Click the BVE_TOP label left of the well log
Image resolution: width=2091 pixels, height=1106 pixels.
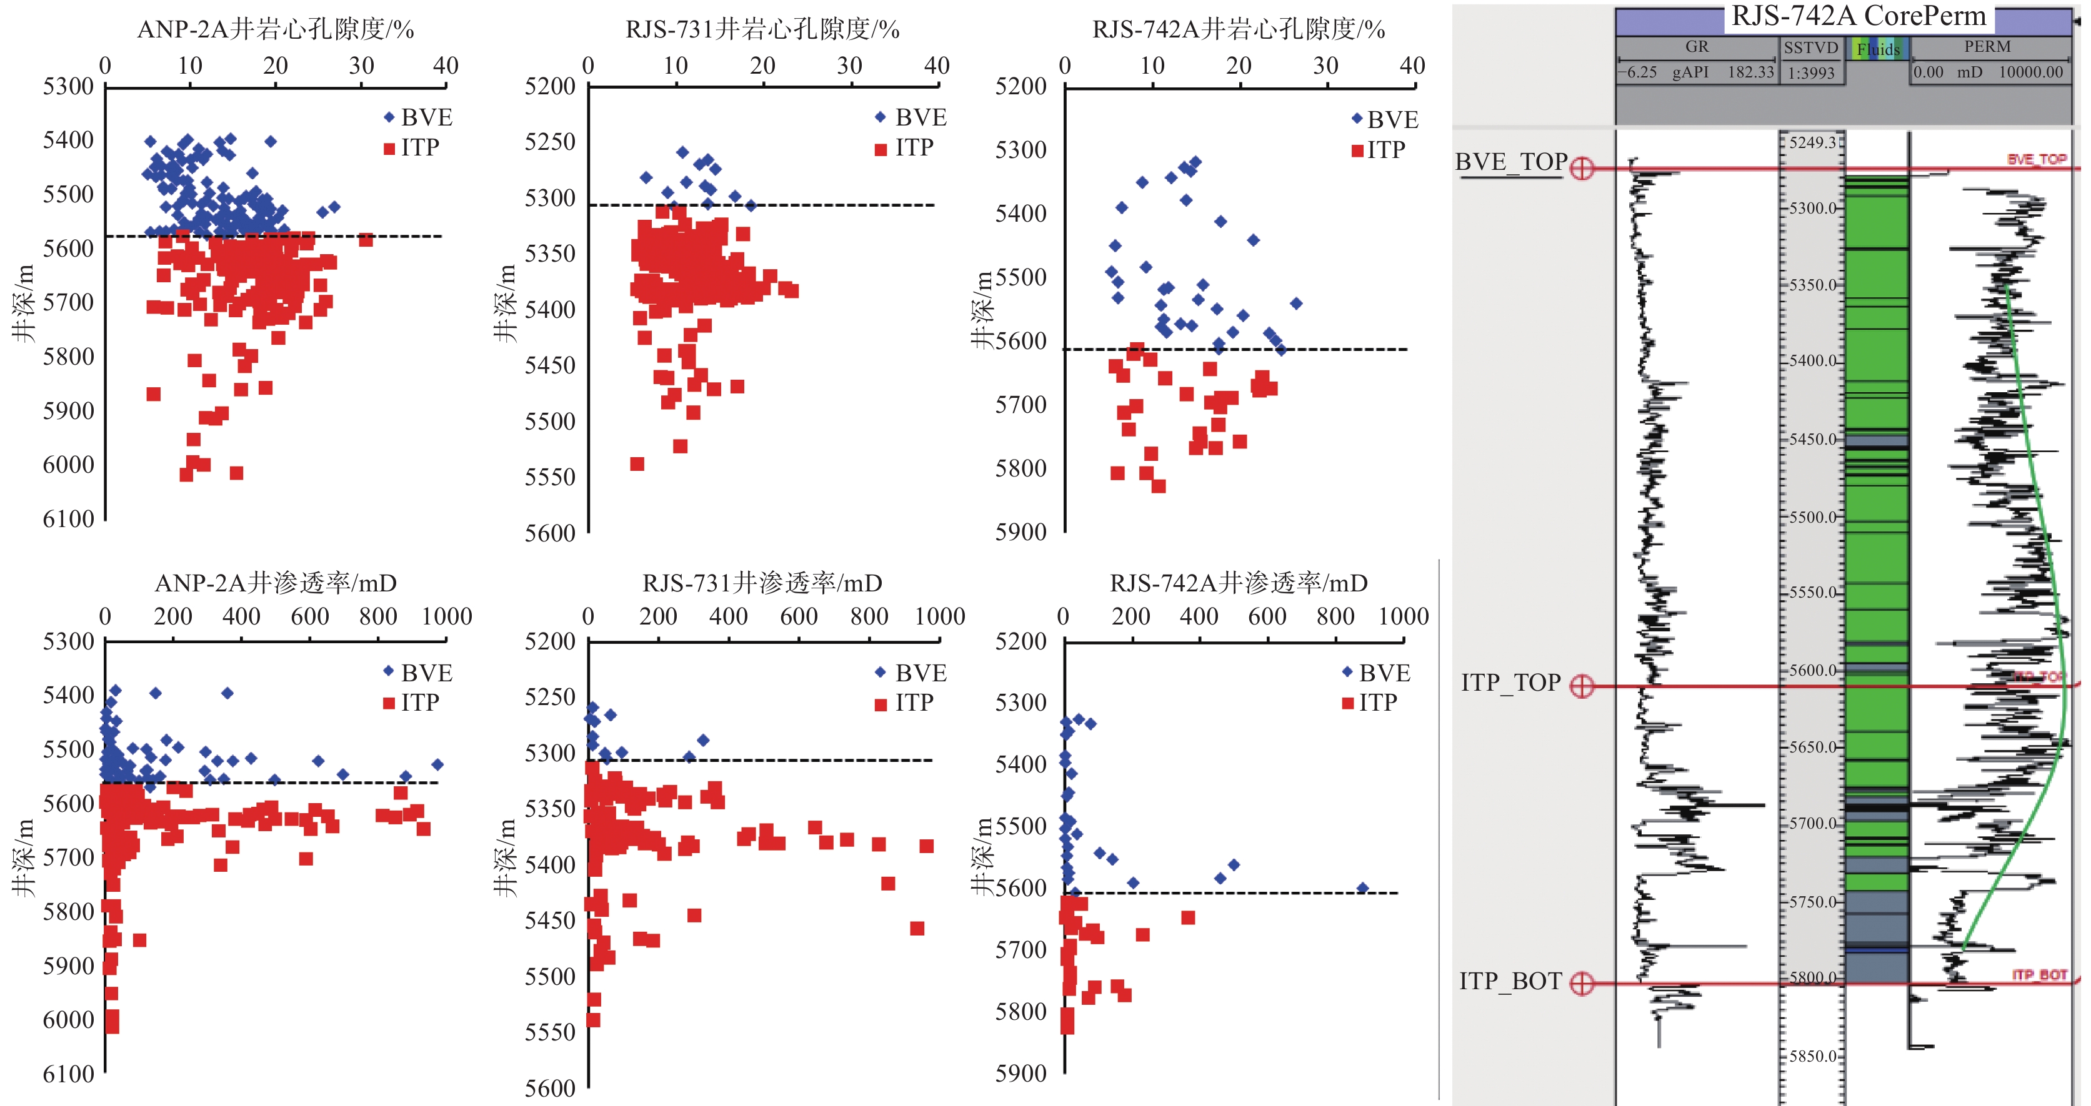1510,162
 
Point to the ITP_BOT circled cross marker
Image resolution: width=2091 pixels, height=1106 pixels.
1581,984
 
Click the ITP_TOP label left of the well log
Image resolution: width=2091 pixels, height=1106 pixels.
1510,683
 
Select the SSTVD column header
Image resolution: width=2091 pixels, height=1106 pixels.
1811,48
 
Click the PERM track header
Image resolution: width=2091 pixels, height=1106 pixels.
1987,47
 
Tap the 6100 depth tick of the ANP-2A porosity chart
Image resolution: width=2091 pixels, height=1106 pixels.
68,520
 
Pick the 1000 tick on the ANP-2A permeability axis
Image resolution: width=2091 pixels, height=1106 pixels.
446,616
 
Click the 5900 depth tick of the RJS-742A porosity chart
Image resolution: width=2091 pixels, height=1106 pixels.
1021,532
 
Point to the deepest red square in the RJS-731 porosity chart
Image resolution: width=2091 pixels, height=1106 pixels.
637,464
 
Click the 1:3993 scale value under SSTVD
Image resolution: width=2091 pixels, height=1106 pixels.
1811,73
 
